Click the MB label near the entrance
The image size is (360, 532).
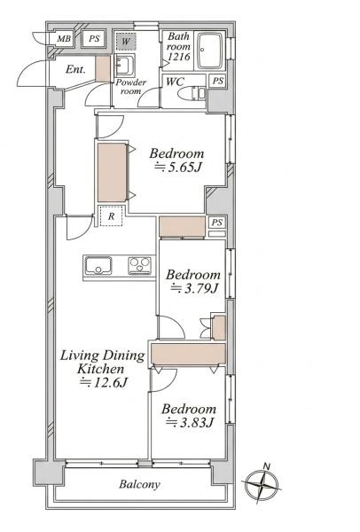tap(64, 39)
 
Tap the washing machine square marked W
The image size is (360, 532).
tap(126, 42)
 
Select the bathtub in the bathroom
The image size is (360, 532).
tap(209, 51)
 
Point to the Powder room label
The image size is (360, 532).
tap(130, 87)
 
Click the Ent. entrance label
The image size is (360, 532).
tap(75, 69)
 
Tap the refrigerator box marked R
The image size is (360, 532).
tap(112, 216)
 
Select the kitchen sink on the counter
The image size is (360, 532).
tap(98, 265)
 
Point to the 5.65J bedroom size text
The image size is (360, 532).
tap(179, 167)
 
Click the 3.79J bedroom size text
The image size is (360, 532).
tap(194, 288)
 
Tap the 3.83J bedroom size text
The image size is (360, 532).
tap(190, 423)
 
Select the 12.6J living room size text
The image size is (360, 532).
tap(103, 383)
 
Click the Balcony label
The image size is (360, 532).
tap(139, 484)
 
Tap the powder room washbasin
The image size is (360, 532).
tap(124, 65)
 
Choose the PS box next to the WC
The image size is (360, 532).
tap(218, 81)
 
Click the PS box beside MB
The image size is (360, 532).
tap(94, 39)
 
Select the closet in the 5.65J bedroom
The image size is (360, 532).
tap(112, 173)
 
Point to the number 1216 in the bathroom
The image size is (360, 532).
tap(179, 57)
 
